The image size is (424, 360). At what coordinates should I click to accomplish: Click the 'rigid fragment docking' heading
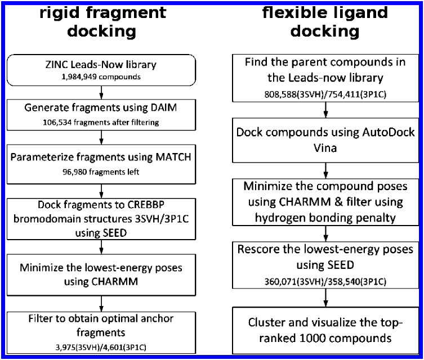(102, 22)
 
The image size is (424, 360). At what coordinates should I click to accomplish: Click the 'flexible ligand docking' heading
(325, 22)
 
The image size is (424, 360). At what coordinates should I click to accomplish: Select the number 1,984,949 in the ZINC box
(79, 77)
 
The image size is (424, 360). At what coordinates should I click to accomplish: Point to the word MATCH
(173, 157)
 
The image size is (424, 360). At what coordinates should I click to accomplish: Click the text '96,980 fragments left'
(101, 172)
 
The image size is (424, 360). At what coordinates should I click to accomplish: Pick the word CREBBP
(146, 205)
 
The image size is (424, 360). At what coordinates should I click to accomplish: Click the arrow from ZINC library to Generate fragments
(101, 93)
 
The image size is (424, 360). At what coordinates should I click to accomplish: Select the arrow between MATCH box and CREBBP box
(101, 191)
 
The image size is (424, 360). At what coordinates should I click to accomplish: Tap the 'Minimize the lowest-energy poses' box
(101, 275)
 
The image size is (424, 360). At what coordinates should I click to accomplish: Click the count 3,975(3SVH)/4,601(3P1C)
(101, 347)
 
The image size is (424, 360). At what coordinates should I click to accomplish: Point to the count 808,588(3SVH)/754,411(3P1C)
(325, 94)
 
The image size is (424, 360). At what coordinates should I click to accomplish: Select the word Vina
(325, 148)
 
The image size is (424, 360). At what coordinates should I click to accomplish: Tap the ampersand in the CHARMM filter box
(338, 202)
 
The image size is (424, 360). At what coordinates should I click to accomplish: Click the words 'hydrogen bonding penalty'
(325, 218)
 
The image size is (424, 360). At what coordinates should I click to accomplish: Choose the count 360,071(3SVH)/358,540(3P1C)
(325, 282)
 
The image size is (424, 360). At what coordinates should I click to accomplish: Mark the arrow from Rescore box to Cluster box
(325, 298)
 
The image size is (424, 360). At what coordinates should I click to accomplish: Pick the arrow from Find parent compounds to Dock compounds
(325, 110)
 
